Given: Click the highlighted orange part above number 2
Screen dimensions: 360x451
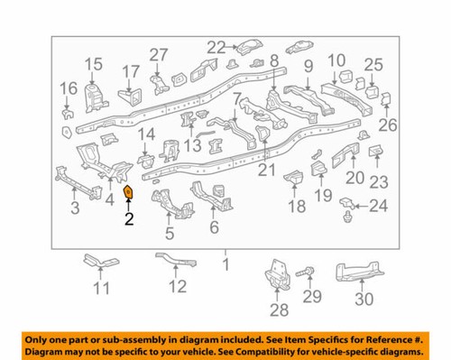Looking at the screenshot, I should coord(128,193).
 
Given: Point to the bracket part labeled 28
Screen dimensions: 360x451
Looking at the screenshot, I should coord(275,274).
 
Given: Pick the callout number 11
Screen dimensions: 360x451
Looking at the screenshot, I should coord(100,289).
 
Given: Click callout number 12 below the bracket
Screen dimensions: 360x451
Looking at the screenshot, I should coord(177,288).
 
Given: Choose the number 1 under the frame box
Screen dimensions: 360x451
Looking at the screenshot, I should coord(226,265).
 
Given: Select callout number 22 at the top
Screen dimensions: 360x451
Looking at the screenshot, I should coord(216,47).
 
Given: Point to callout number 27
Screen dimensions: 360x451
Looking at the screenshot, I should coord(159,54).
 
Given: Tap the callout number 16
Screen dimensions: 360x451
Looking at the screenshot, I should coord(69,88).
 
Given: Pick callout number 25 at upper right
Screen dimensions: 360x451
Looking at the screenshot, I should coord(373,64).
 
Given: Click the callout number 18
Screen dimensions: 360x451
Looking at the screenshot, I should coord(296,207).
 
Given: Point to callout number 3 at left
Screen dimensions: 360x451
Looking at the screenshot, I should coord(76,209).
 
